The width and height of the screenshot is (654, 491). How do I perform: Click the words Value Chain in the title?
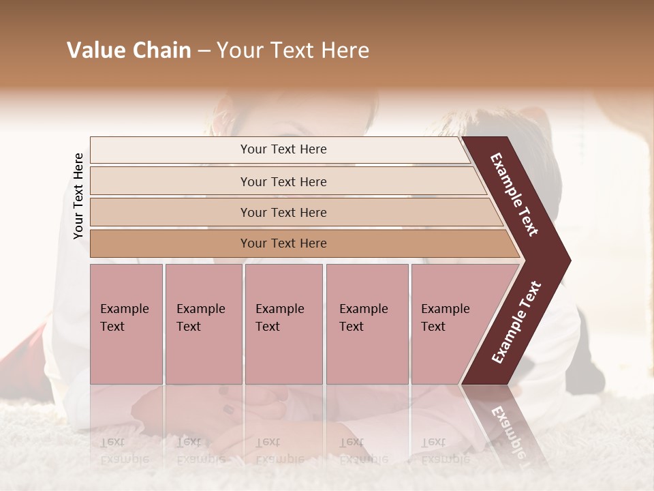(129, 50)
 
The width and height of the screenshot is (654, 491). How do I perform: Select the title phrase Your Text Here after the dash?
(293, 50)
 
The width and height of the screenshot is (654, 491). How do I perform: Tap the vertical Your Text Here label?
(78, 196)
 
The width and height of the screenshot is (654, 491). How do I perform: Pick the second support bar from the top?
(283, 181)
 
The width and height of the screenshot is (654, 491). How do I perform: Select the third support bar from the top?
(283, 212)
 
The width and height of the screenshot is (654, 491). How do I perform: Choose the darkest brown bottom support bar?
(283, 243)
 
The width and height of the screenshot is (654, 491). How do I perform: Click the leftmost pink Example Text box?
(126, 324)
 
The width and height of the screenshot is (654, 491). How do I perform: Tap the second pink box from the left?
(203, 324)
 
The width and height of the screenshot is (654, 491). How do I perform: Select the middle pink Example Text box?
(283, 324)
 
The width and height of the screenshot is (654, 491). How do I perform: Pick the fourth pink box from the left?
(367, 324)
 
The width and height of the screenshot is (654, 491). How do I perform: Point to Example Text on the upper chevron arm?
(515, 194)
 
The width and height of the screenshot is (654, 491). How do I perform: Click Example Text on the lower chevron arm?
(516, 323)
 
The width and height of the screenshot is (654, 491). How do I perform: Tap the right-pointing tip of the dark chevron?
(567, 260)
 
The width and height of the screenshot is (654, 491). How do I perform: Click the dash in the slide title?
(204, 51)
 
